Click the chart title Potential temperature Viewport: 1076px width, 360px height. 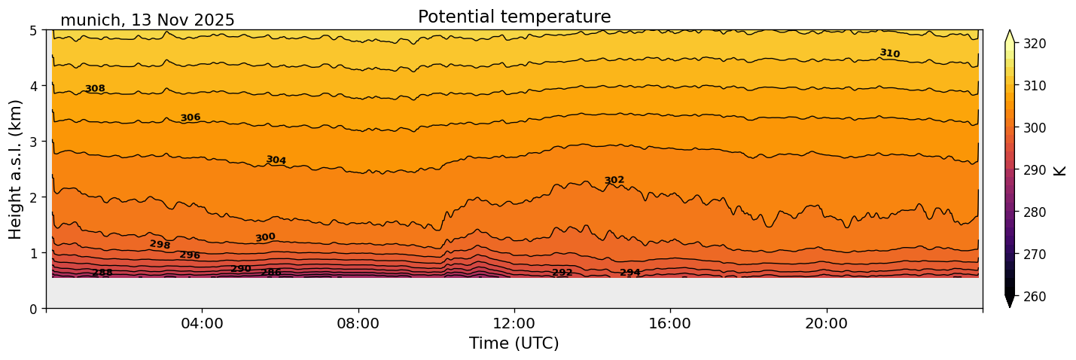(514, 17)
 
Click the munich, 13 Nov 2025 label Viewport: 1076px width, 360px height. (148, 20)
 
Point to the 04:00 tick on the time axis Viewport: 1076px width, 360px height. (203, 323)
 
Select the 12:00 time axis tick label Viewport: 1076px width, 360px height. (514, 323)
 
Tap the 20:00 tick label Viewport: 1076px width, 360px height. (826, 323)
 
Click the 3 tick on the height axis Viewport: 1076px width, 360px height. (32, 142)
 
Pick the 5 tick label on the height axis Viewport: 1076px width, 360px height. (32, 30)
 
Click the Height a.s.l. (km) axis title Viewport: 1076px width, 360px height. (16, 169)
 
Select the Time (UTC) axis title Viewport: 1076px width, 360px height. (514, 343)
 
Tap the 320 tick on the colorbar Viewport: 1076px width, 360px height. (1034, 44)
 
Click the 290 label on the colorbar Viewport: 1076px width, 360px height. (1034, 170)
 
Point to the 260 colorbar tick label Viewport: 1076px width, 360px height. (1034, 297)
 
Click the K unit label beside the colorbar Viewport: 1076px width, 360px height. (1060, 170)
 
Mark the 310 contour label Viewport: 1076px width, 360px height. (889, 53)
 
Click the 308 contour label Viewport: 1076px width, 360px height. (95, 89)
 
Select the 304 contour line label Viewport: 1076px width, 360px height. (276, 160)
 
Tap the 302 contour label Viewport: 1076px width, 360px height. (614, 180)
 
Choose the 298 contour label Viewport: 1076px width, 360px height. (160, 245)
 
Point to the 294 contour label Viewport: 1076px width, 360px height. (630, 273)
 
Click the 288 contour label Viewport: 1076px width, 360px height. (102, 273)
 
